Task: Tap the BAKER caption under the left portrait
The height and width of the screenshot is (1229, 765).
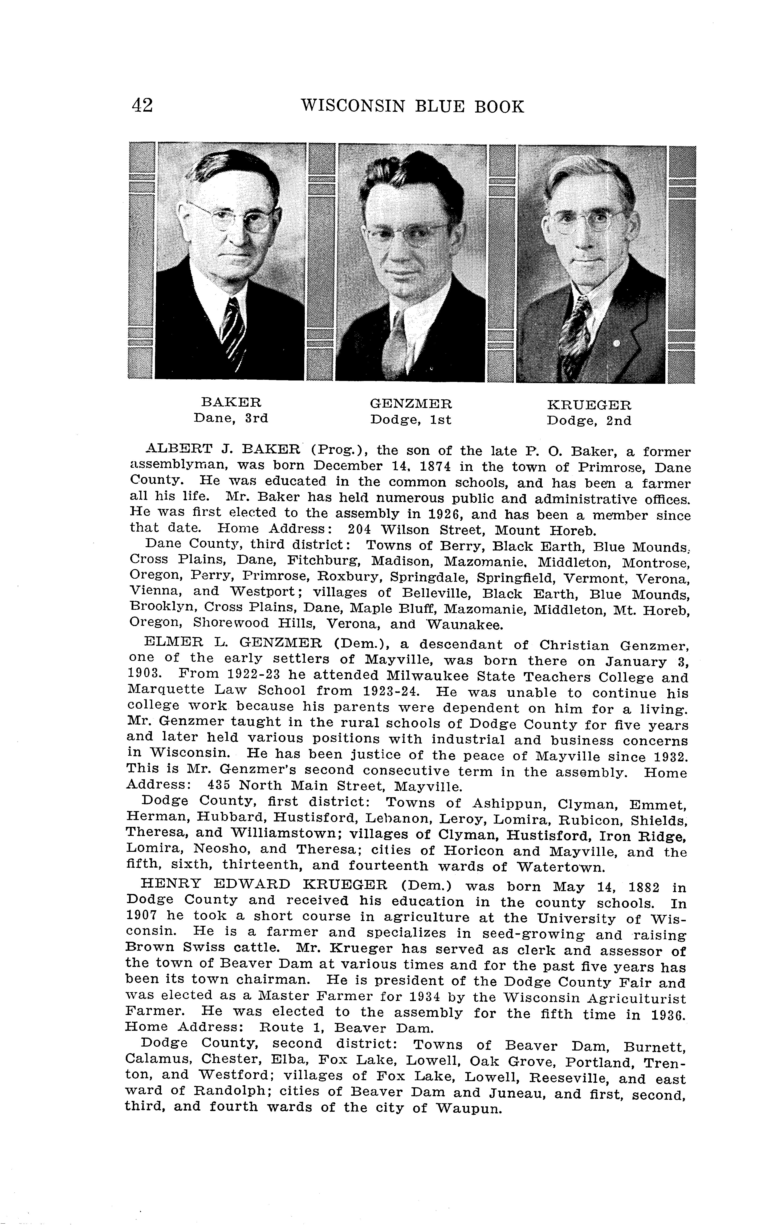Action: point(231,402)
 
